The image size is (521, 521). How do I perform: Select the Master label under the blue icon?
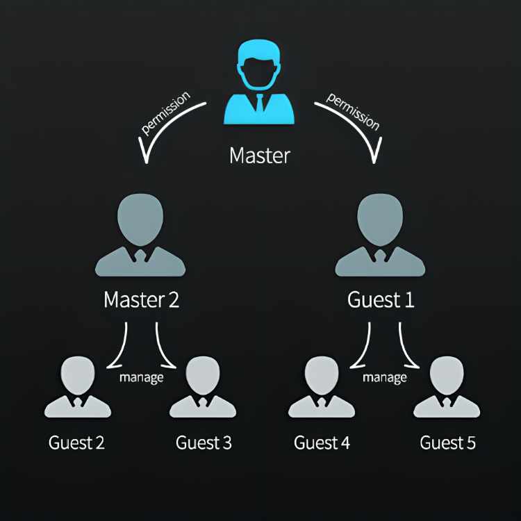point(259,155)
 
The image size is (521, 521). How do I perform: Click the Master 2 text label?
point(141,300)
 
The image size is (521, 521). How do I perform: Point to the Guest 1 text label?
point(380,300)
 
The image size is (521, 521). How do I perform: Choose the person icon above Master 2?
point(140,236)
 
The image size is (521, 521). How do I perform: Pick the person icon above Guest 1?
point(380,236)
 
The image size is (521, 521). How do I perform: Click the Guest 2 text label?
point(76,443)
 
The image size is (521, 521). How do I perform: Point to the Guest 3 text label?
point(204,443)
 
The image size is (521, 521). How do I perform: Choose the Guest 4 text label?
point(322,443)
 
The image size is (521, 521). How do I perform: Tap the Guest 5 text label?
point(448,443)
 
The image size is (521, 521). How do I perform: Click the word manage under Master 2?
point(141,378)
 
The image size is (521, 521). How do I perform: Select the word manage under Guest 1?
point(384,378)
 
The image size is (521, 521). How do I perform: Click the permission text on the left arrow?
point(165,112)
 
